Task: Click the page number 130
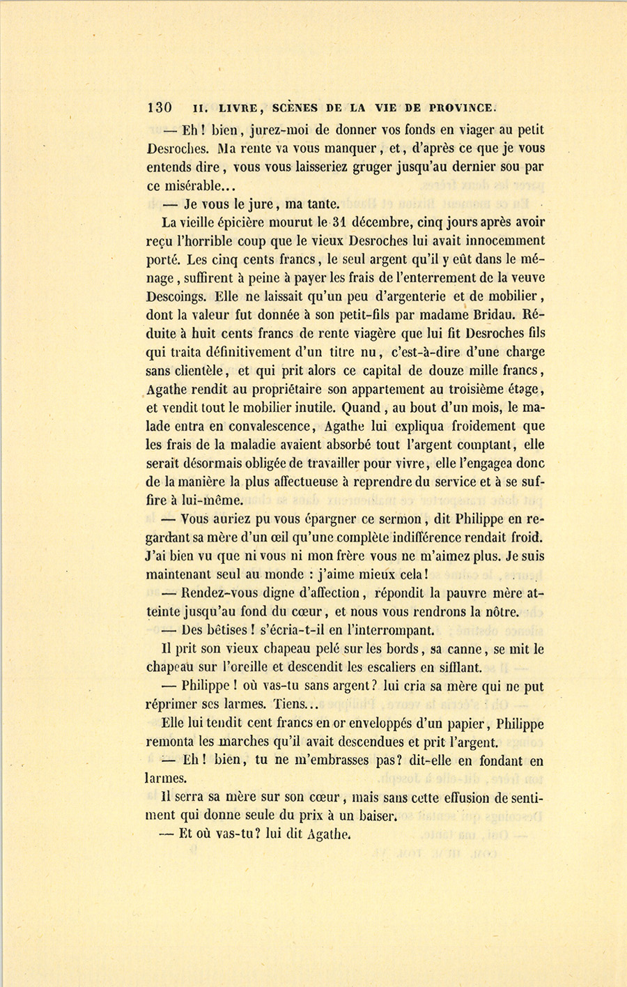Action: click(160, 107)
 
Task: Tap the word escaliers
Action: click(391, 667)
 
